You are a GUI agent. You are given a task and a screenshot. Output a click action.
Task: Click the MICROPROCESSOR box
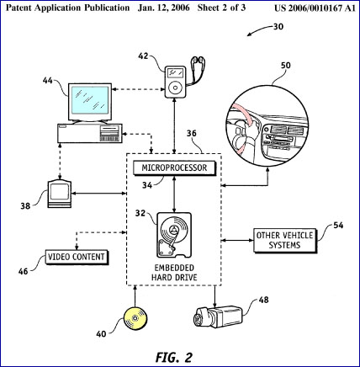174,168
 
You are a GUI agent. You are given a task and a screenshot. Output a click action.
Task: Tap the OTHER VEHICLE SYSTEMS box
285,240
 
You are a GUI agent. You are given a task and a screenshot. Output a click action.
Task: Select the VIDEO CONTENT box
77,257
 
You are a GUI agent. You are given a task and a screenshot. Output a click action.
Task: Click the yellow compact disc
135,318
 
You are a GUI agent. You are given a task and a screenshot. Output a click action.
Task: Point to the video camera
217,317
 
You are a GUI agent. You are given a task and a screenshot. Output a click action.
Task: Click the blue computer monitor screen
90,99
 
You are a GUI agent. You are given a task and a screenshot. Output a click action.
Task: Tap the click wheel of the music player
175,87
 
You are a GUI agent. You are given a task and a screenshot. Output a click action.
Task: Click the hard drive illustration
174,235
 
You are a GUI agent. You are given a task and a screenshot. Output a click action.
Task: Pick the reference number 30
278,27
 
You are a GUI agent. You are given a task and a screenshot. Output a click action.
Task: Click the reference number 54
338,225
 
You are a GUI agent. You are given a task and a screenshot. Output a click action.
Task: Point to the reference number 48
263,300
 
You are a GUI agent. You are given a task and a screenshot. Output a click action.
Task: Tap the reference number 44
48,81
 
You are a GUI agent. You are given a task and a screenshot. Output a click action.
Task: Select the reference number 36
192,133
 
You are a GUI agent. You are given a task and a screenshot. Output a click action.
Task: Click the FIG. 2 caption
174,358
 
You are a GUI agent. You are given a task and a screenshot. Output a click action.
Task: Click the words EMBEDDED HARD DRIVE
174,273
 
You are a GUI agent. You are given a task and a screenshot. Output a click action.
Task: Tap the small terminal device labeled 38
59,194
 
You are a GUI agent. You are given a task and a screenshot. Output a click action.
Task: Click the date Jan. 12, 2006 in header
163,8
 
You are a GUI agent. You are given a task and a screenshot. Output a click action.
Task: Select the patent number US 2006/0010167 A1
315,8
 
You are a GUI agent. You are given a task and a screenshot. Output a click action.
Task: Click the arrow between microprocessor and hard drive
174,194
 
